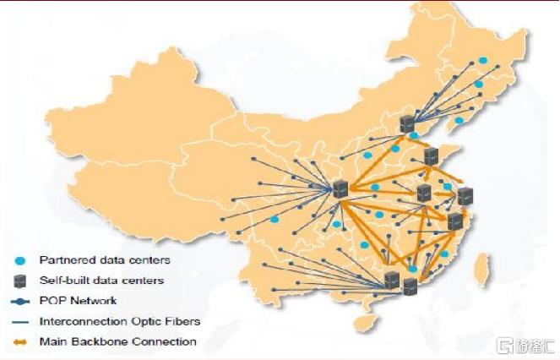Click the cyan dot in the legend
pos(20,260)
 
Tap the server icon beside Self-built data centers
pos(20,281)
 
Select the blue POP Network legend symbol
pos(20,302)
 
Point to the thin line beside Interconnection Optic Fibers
pos(20,322)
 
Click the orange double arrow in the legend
pos(20,342)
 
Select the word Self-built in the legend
pos(61,281)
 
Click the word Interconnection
pos(84,321)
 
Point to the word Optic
pos(146,321)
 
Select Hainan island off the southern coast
pos(367,321)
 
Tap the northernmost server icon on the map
pos(407,124)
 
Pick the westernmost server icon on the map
pos(340,189)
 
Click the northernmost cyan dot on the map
pos(483,60)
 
